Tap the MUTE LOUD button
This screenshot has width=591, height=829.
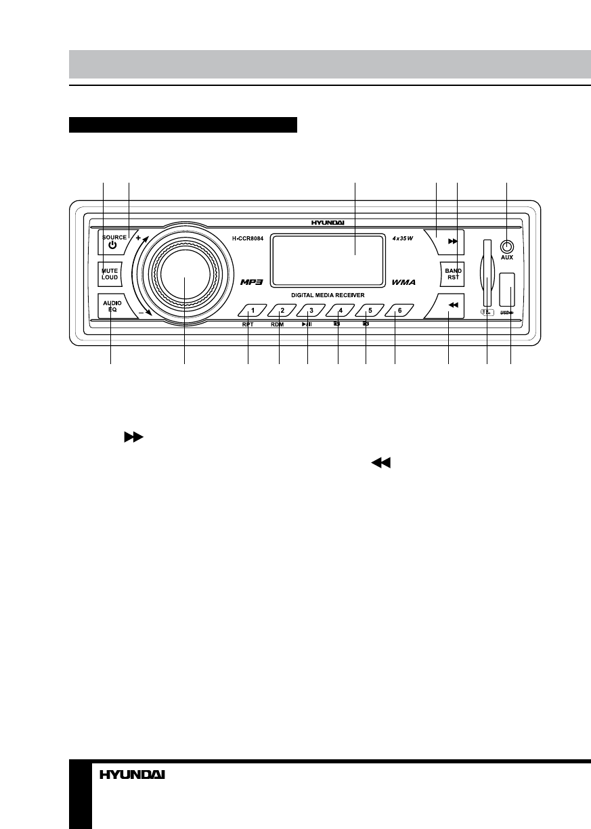click(x=110, y=274)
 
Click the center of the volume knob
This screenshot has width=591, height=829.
click(x=184, y=277)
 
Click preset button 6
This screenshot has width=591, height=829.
click(x=399, y=311)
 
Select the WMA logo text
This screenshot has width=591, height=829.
click(x=403, y=282)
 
